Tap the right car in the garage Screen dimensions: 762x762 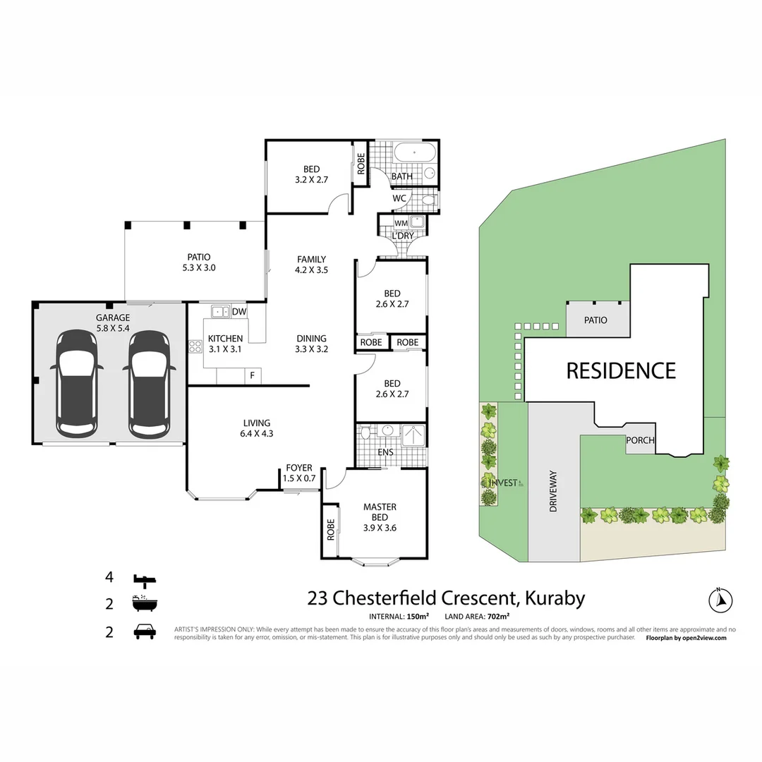149,383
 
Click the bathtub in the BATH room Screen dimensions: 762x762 415,153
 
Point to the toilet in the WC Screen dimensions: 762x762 426,200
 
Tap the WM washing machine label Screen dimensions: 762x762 401,223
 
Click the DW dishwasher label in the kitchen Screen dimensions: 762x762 238,311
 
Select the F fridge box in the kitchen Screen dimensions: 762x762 252,375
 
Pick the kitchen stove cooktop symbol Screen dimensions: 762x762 195,346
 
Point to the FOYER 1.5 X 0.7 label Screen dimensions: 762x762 298,473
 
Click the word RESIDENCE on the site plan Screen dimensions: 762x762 621,370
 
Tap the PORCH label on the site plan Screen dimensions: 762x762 640,440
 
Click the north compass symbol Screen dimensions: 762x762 720,600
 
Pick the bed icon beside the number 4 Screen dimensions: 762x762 145,580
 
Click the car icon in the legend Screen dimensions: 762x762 145,631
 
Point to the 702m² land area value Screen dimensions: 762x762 497,616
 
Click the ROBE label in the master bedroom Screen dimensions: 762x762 330,531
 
